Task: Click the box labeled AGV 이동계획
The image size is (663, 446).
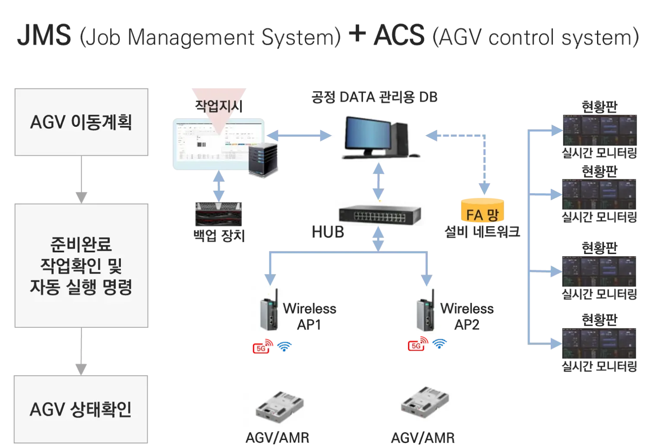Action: (x=81, y=122)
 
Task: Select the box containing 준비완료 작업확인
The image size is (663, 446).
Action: (x=81, y=264)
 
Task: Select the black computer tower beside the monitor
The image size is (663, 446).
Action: (x=400, y=139)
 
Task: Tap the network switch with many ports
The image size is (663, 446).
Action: (x=378, y=212)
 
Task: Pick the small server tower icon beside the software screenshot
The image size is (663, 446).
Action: (x=263, y=160)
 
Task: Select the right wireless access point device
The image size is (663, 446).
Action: (x=426, y=310)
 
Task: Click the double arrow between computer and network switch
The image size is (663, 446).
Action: (x=379, y=179)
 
